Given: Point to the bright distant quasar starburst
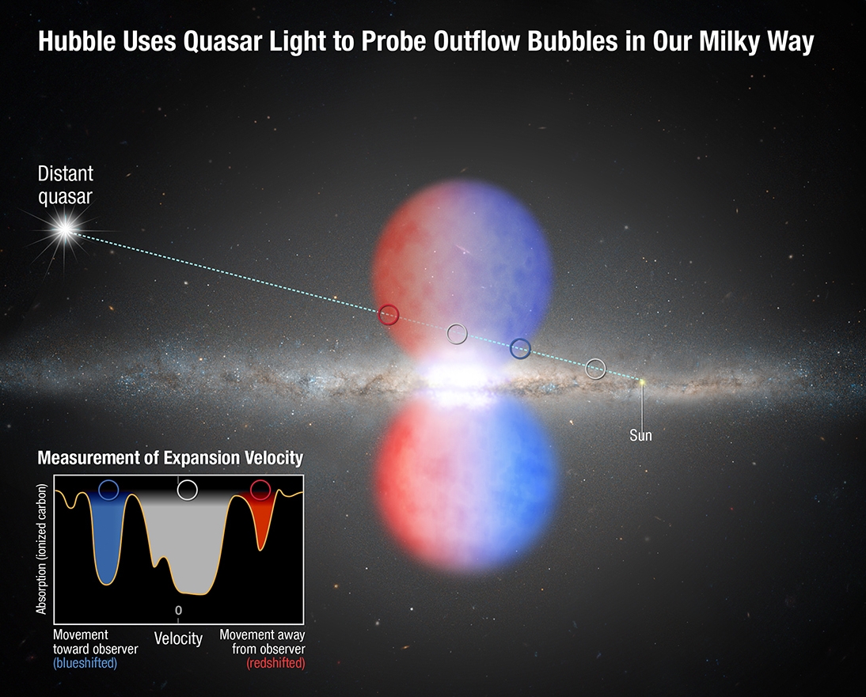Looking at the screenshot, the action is (65, 229).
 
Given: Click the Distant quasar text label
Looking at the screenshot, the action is (65, 185).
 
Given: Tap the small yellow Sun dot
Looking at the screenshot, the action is (642, 381).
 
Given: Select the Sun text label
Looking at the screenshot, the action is (640, 435).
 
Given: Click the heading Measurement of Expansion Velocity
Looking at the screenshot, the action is (170, 458).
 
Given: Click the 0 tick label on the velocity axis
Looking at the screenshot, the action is (178, 610).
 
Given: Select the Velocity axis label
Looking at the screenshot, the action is (178, 638).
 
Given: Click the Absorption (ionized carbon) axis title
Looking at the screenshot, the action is (41, 548).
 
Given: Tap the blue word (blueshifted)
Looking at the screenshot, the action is (85, 663).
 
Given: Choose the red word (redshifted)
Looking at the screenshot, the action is (275, 663).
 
